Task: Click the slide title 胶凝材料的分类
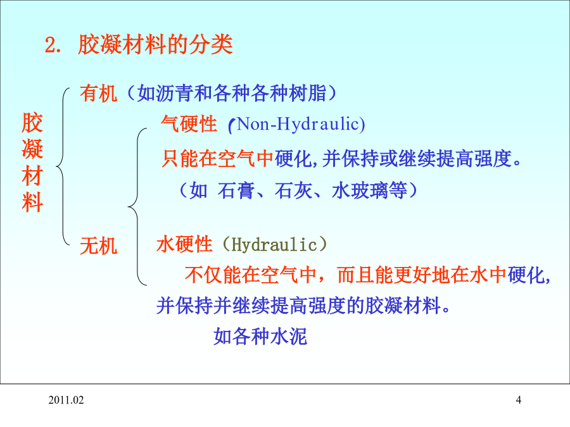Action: coord(155,45)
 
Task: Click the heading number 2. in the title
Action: coord(53,46)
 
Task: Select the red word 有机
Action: coord(99,94)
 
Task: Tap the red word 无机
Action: coord(99,246)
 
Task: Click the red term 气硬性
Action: coord(189,124)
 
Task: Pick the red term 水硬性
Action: coord(184,244)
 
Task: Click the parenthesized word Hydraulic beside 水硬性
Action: coord(274,244)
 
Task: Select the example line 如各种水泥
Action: coord(260,336)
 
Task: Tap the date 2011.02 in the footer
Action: coord(66,400)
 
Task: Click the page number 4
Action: coord(518,400)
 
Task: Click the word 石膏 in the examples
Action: coord(236,190)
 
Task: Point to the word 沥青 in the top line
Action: coord(175,94)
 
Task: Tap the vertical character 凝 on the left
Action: coord(33,149)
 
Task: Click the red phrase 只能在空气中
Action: coord(217,159)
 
